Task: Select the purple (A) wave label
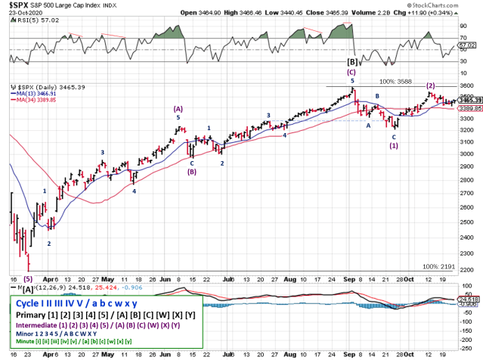click(179, 109)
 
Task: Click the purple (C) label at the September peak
click(351, 72)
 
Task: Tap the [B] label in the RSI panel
click(351, 61)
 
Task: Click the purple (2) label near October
click(430, 86)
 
